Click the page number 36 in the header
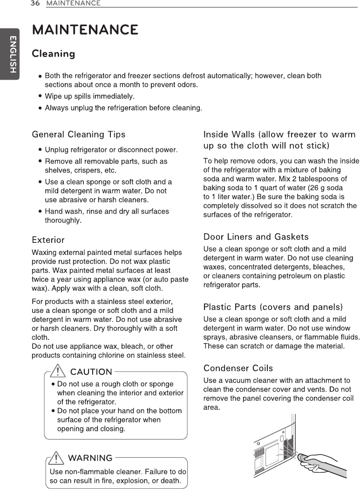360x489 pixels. (x=34, y=3)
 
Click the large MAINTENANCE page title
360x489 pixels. (x=84, y=30)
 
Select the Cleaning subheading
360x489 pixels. (x=53, y=54)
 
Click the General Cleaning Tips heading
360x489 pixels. (x=78, y=134)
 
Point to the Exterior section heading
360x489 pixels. (x=48, y=240)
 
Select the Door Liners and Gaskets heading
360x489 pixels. (x=256, y=237)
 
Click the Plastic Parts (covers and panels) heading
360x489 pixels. (x=273, y=307)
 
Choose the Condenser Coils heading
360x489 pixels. (x=238, y=368)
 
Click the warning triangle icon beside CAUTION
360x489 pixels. (x=58, y=371)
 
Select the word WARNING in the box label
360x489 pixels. (x=90, y=458)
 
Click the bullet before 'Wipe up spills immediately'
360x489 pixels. (x=41, y=96)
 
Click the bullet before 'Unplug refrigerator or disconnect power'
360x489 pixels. (x=41, y=150)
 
